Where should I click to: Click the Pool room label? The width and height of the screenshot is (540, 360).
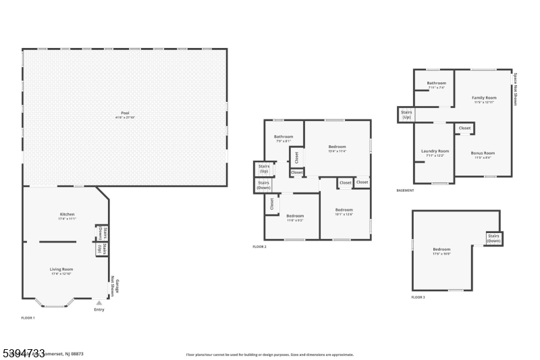click(125, 115)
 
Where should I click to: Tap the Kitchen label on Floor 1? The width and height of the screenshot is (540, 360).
click(67, 216)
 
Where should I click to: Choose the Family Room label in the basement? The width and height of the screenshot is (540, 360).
click(483, 99)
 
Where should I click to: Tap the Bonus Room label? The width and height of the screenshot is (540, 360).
click(483, 155)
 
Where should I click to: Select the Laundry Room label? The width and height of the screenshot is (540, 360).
click(435, 153)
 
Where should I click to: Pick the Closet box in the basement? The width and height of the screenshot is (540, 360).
click(464, 128)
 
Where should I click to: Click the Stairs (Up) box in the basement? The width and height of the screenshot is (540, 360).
click(406, 115)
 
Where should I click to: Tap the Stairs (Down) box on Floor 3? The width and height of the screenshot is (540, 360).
click(493, 238)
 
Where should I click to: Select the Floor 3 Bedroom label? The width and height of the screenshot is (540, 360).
click(441, 251)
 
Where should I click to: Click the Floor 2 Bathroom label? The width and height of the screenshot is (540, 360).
click(283, 138)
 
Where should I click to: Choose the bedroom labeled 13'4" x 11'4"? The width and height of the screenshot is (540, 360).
click(337, 149)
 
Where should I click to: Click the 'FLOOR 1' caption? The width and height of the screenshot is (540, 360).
click(28, 317)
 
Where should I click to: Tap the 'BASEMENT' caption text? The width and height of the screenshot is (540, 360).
click(406, 190)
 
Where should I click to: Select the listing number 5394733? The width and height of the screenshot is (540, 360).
click(23, 353)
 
